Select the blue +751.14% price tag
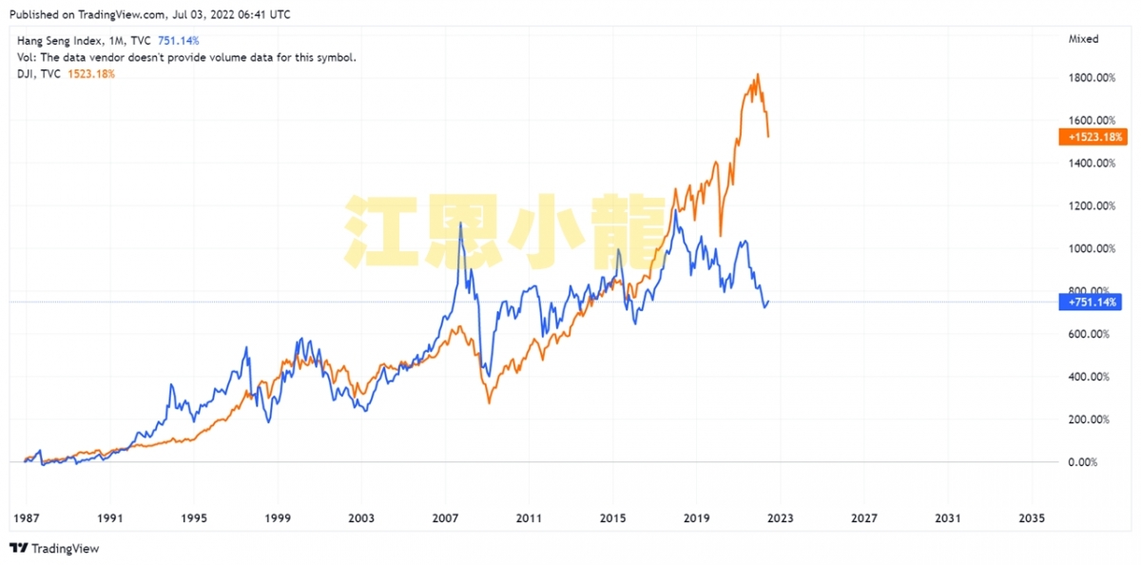[x=1092, y=302]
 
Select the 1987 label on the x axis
[x=26, y=518]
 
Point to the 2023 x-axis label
[x=780, y=518]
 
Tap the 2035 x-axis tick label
[x=1031, y=518]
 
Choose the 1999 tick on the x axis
[x=277, y=518]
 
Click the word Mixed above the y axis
[x=1083, y=39]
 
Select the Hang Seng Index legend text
[x=57, y=41]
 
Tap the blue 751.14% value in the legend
[x=178, y=41]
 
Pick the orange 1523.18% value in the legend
[x=91, y=74]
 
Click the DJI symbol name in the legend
[x=26, y=74]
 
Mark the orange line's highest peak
[x=758, y=74]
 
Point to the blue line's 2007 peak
[x=461, y=224]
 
